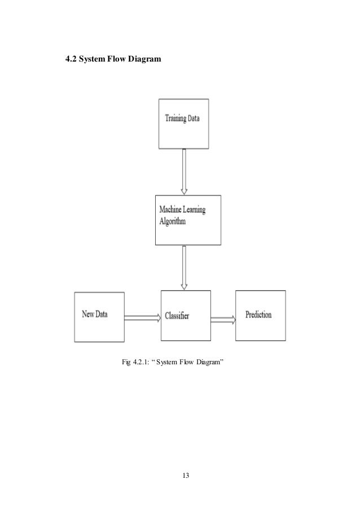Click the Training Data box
pos(184,124)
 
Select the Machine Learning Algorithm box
pos(188,219)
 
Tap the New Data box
pos(99,316)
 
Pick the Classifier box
pos(186,315)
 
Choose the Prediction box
pos(260,315)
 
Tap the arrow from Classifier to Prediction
pos(223,320)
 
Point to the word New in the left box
pos(88,315)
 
